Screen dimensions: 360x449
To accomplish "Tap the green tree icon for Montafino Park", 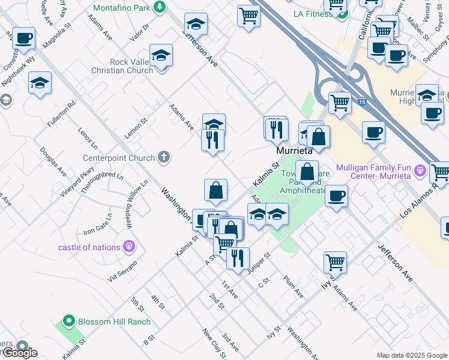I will (159, 7).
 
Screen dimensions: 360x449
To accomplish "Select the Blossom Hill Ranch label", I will (115, 322).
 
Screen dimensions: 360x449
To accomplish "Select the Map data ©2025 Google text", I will (412, 355).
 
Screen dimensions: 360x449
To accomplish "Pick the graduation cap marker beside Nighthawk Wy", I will (40, 82).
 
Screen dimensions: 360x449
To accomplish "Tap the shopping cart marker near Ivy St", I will (335, 262).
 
